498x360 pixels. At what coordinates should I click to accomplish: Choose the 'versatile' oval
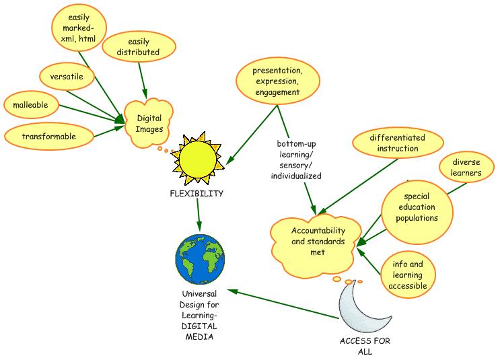click(67, 77)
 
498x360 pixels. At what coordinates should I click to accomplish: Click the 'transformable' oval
click(48, 136)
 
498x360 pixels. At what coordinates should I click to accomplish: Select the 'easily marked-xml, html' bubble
click(77, 29)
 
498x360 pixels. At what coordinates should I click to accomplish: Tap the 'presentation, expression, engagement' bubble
click(277, 81)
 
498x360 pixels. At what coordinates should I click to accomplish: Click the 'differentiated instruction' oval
click(398, 143)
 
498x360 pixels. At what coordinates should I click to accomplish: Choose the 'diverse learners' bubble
click(461, 168)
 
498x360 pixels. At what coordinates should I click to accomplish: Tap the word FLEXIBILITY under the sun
click(197, 193)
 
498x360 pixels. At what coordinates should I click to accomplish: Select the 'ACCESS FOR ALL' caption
click(365, 345)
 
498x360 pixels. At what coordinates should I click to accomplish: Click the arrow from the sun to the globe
click(199, 214)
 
